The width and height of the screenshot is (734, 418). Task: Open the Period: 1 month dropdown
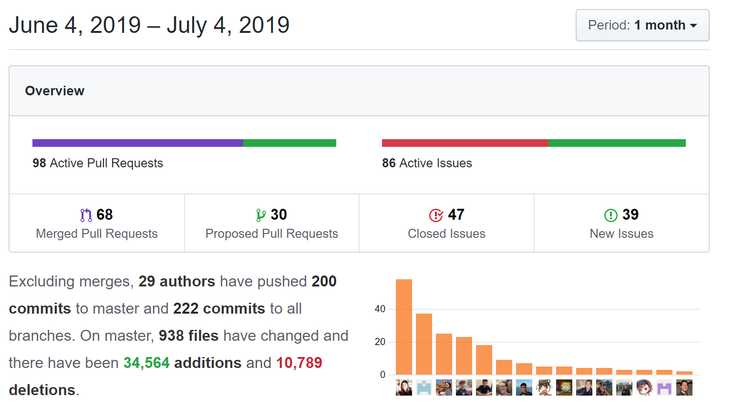point(642,25)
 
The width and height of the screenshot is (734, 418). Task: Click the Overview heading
point(55,91)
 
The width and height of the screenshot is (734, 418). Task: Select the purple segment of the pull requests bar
point(138,143)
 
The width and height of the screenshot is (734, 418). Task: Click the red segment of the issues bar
point(465,143)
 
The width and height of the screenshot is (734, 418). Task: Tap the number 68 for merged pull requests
point(104,214)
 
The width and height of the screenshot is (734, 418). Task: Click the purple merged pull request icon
point(86,215)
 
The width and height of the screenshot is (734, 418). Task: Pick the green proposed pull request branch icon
point(261,215)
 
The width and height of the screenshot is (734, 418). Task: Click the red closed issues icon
point(436,215)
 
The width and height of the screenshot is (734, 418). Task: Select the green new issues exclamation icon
point(611,215)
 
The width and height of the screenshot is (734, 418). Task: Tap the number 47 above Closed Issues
point(456,214)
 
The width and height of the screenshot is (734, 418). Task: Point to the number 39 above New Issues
point(631,214)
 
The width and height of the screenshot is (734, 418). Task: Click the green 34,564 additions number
point(146,363)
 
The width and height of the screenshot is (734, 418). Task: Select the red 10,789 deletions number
point(299,363)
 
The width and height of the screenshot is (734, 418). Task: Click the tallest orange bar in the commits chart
point(403,327)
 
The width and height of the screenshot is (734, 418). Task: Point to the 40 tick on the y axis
point(380,309)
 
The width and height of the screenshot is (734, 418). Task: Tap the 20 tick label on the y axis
point(380,342)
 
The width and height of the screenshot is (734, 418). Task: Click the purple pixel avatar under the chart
point(664,387)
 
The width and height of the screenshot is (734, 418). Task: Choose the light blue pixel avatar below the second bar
point(424,387)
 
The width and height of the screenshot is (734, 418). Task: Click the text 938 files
point(189,336)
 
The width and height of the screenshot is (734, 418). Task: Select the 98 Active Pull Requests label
point(98,163)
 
